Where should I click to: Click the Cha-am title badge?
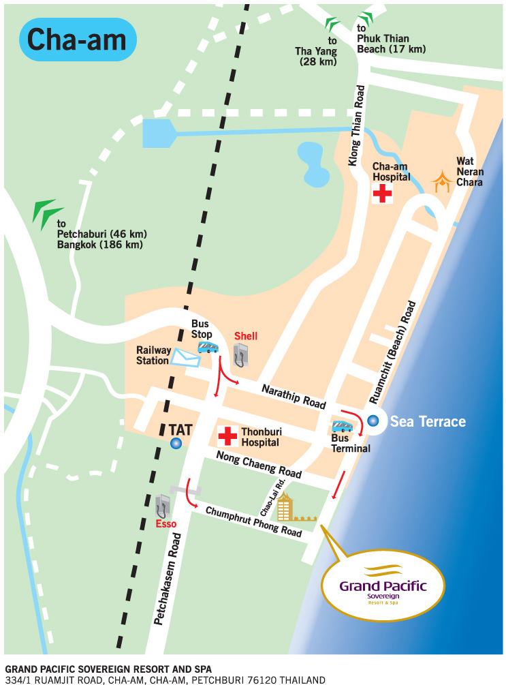77,40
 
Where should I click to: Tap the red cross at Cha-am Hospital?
382,194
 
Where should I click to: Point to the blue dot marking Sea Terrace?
373,421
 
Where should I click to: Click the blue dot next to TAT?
176,444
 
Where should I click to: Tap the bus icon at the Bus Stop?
208,348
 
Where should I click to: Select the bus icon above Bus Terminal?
342,427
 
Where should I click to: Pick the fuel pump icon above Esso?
162,506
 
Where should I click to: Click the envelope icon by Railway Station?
183,357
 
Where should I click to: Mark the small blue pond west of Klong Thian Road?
314,164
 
